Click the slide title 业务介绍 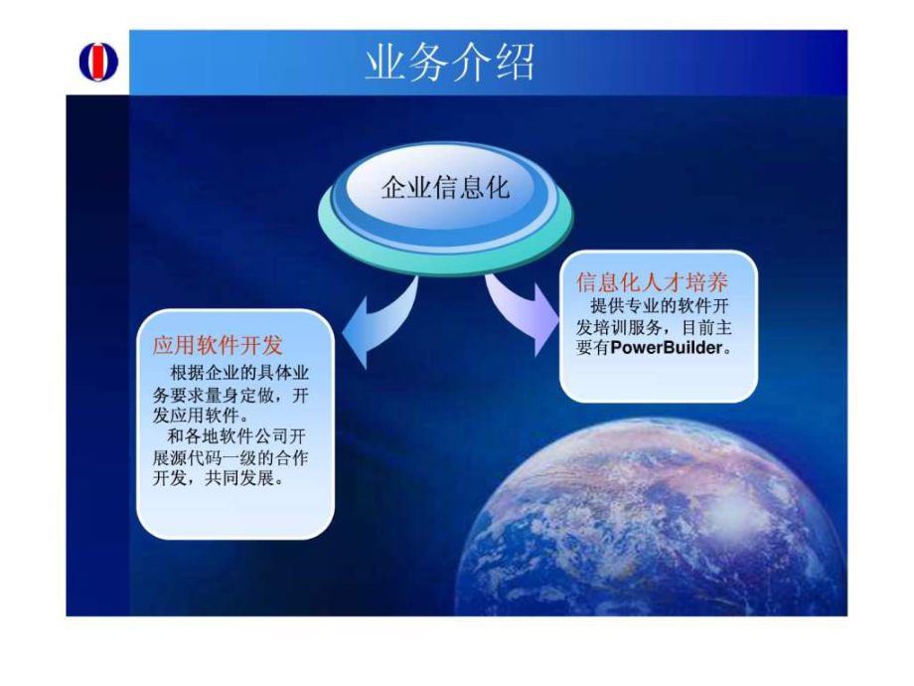coord(450,63)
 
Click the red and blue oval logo coord(98,62)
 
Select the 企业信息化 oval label coord(445,188)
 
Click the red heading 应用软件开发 coord(218,345)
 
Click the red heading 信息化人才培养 coord(659,282)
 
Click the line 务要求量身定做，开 coord(234,395)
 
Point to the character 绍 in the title coord(515,63)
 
